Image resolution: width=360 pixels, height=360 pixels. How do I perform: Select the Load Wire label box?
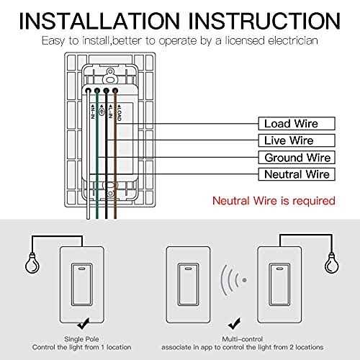[x=290, y=124]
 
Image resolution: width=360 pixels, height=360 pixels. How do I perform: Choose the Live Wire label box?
[x=290, y=140]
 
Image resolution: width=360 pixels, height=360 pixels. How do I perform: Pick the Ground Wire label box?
[x=290, y=157]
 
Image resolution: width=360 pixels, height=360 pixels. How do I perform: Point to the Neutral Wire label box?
[x=290, y=174]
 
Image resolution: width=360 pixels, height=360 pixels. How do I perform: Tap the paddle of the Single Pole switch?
[x=91, y=278]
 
